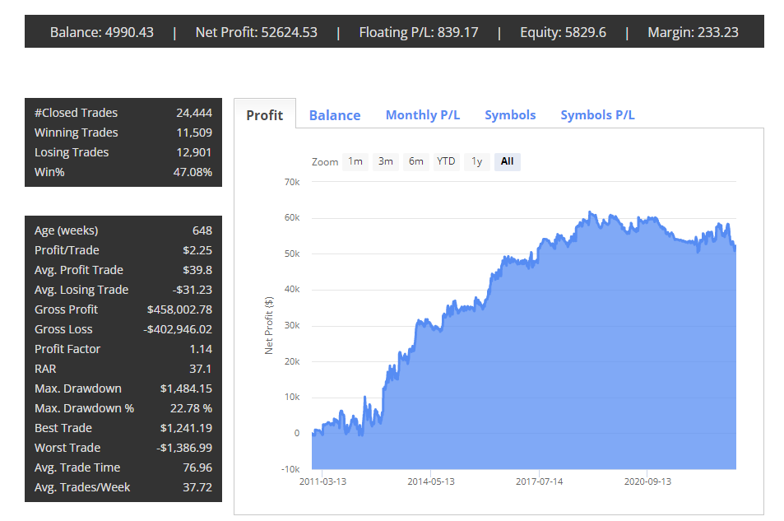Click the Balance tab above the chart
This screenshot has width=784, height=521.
[335, 115]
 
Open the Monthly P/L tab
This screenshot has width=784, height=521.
[422, 115]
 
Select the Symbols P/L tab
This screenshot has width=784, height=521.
[597, 115]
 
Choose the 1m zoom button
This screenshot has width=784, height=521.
[355, 161]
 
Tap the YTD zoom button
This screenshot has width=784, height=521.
[446, 161]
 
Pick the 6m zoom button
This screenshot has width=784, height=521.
[416, 161]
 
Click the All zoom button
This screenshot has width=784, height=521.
[507, 161]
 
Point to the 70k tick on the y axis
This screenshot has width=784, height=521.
[292, 182]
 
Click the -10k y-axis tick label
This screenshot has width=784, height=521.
[290, 469]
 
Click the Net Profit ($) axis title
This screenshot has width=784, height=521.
[269, 326]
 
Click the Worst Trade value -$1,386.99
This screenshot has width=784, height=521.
[184, 448]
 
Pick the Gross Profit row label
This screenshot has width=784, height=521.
[66, 309]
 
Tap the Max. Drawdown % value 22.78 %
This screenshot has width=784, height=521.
[191, 408]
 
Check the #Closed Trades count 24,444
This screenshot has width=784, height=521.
[194, 113]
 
